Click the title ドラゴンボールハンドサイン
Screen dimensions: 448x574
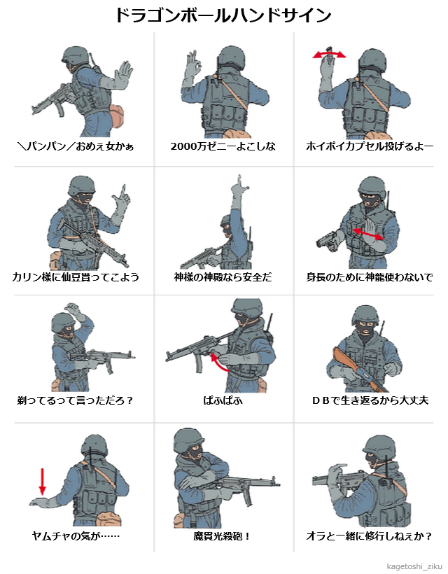tap(223, 15)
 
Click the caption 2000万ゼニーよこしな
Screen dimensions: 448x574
tap(223, 146)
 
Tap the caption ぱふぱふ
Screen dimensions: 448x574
tap(223, 400)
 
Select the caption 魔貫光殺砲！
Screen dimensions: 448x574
tap(222, 536)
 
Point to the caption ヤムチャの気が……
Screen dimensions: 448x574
tap(76, 536)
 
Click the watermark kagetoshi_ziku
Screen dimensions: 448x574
tap(414, 567)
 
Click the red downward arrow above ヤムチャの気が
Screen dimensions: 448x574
tap(43, 482)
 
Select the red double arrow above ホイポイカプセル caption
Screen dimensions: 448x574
tap(329, 55)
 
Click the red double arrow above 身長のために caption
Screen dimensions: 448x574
tap(367, 234)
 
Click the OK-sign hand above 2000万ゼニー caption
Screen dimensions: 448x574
tap(193, 69)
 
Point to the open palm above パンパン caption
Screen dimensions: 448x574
tap(123, 75)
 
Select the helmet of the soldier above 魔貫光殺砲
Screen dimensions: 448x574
tap(188, 440)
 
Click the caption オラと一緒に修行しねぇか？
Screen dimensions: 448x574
tap(369, 536)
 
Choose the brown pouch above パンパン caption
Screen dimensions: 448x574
tap(117, 116)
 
